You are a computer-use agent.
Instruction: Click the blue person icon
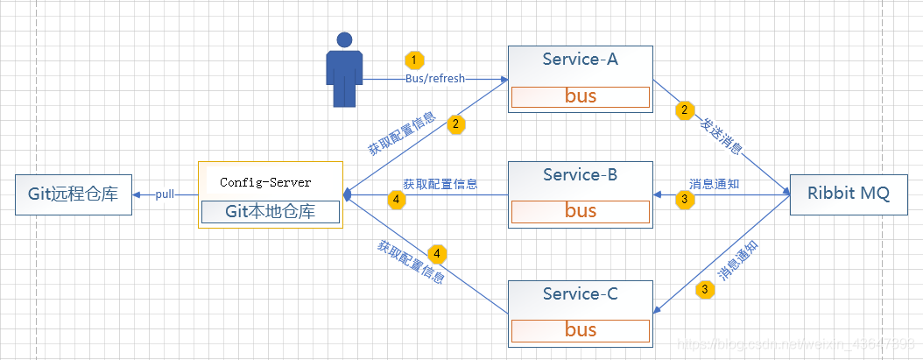point(345,70)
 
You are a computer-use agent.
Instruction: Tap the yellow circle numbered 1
point(414,60)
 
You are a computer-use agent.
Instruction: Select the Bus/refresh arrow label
point(435,79)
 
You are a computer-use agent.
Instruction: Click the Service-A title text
point(580,60)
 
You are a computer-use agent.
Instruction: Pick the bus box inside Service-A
point(580,96)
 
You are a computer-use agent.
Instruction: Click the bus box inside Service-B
point(580,211)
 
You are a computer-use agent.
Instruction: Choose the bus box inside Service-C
point(580,330)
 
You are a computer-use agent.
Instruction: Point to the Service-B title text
point(580,174)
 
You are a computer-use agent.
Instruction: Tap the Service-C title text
point(580,294)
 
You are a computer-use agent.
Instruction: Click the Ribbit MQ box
point(847,194)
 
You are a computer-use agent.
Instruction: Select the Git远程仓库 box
point(74,194)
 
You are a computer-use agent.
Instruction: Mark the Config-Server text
point(265,183)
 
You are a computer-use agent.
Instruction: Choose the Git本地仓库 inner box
point(270,212)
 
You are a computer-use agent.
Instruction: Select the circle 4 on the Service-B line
point(397,200)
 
